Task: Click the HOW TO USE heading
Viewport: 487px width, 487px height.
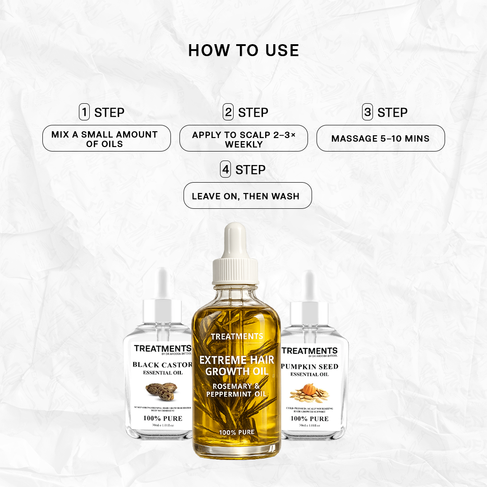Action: (243, 51)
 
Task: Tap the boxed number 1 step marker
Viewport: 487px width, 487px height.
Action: (84, 112)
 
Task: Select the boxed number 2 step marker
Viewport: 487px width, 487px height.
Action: (228, 112)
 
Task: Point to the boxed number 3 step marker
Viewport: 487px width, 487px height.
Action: (368, 112)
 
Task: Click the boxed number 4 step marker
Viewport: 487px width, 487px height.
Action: (225, 170)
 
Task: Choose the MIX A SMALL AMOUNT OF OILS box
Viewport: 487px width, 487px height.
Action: (106, 138)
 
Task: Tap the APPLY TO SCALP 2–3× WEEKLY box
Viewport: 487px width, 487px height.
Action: (243, 138)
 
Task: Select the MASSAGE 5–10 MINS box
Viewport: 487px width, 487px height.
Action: (381, 138)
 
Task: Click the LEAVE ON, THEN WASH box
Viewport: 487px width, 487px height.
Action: (248, 196)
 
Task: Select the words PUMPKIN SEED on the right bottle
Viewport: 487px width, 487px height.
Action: (309, 366)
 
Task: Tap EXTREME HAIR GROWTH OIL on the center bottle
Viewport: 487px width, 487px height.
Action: (237, 366)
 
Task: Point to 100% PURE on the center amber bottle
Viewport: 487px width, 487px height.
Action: (237, 432)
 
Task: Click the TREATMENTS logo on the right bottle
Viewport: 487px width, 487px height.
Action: (309, 351)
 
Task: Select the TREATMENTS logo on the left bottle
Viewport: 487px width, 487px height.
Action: (162, 349)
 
